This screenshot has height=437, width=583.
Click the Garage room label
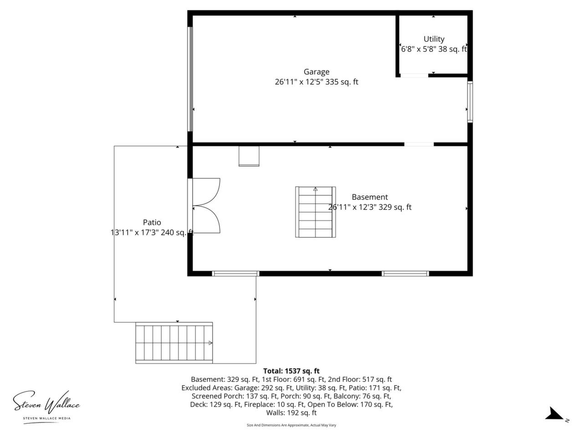(x=317, y=72)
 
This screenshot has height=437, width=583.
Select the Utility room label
(x=434, y=39)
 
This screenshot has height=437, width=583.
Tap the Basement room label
(x=370, y=197)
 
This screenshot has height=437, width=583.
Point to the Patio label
(x=152, y=222)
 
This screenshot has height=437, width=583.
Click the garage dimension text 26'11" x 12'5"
(x=299, y=82)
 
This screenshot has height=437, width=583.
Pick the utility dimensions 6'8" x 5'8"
(x=418, y=49)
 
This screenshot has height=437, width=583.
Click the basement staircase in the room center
(x=315, y=212)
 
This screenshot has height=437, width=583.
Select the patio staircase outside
(x=174, y=343)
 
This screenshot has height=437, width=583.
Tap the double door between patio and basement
(x=204, y=206)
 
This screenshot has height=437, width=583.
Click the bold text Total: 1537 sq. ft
(x=291, y=371)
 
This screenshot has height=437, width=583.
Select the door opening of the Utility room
(x=414, y=76)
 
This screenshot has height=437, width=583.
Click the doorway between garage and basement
(x=419, y=144)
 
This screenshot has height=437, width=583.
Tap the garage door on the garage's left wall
(x=190, y=79)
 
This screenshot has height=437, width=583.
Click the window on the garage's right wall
(x=470, y=102)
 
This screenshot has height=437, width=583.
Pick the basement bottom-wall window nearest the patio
(x=235, y=274)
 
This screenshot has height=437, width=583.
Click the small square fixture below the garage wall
(x=249, y=156)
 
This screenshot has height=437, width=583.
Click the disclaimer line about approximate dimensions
(x=291, y=425)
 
